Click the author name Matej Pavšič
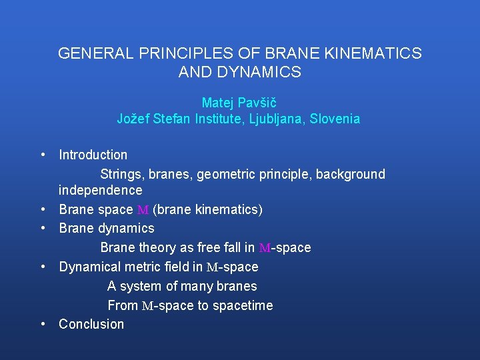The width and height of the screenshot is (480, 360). (239, 103)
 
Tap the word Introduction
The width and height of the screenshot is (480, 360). (93, 155)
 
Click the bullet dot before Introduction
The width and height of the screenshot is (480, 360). (43, 155)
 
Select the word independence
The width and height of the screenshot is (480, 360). (100, 190)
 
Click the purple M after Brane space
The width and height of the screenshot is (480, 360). (143, 210)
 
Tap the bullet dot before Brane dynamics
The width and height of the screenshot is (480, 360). (43, 228)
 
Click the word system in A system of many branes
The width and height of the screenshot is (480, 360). (139, 286)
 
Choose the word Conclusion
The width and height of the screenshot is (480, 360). (91, 324)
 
